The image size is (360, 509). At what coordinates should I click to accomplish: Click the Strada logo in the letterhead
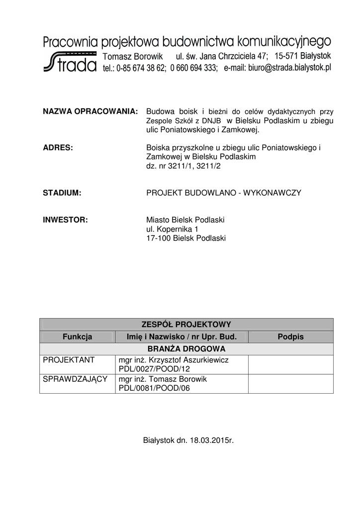70,62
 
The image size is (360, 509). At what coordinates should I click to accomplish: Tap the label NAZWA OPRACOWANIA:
90,112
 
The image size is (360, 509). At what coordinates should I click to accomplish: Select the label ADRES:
58,148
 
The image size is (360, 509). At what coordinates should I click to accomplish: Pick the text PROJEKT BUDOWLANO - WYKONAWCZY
223,192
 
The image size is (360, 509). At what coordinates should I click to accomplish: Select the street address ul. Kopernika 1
172,229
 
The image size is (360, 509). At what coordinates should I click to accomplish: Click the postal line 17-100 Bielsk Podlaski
185,238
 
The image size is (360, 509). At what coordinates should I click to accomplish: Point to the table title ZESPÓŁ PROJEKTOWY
186,325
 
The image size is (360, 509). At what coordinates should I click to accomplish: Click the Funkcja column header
77,337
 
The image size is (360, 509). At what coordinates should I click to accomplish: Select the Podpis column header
290,337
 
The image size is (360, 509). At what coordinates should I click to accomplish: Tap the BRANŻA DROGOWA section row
186,348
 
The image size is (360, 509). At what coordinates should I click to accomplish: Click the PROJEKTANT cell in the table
65,360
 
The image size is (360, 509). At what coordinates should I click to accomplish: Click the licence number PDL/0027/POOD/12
154,369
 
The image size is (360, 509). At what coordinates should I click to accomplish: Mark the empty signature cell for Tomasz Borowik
290,383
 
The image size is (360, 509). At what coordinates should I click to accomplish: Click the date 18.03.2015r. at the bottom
211,440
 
